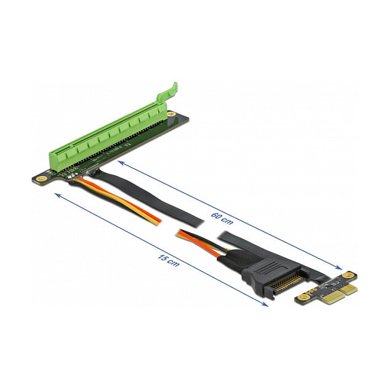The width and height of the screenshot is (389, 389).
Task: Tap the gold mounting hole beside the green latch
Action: click(170, 114)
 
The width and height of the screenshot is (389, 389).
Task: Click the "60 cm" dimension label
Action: click(222, 219)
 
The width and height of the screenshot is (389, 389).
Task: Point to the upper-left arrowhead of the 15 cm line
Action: click(58, 196)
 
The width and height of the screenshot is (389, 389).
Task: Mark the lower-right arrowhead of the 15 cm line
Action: click(265, 304)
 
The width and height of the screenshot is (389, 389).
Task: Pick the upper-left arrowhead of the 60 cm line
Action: click(121, 162)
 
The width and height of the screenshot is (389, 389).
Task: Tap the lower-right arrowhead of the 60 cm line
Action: click(339, 267)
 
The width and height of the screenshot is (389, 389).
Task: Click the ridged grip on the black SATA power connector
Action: click(270, 267)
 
